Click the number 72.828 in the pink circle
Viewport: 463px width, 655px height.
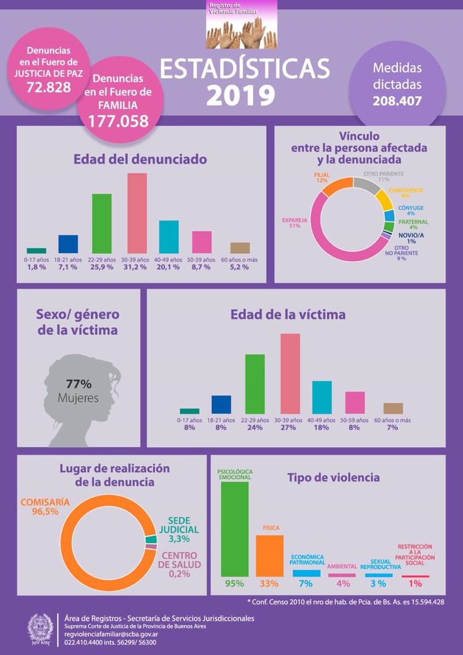pyautogui.click(x=49, y=87)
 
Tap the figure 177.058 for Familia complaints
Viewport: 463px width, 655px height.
pyautogui.click(x=118, y=121)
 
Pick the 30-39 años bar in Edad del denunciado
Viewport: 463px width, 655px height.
pyautogui.click(x=137, y=213)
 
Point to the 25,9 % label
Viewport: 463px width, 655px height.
pyautogui.click(x=102, y=267)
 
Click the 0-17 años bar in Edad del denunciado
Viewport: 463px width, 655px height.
pyautogui.click(x=37, y=250)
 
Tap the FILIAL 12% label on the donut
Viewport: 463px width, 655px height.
pyautogui.click(x=322, y=177)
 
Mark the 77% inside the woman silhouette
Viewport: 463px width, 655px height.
pyautogui.click(x=79, y=384)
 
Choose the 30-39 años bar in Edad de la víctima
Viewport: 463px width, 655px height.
pyautogui.click(x=290, y=373)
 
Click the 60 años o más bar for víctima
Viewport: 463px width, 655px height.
pyautogui.click(x=393, y=408)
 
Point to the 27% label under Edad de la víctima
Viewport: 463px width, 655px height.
pyautogui.click(x=290, y=428)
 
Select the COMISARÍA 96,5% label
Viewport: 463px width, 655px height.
pyautogui.click(x=45, y=506)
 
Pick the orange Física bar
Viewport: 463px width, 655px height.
pyautogui.click(x=269, y=555)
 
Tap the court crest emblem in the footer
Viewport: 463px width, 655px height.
pyautogui.click(x=41, y=629)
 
